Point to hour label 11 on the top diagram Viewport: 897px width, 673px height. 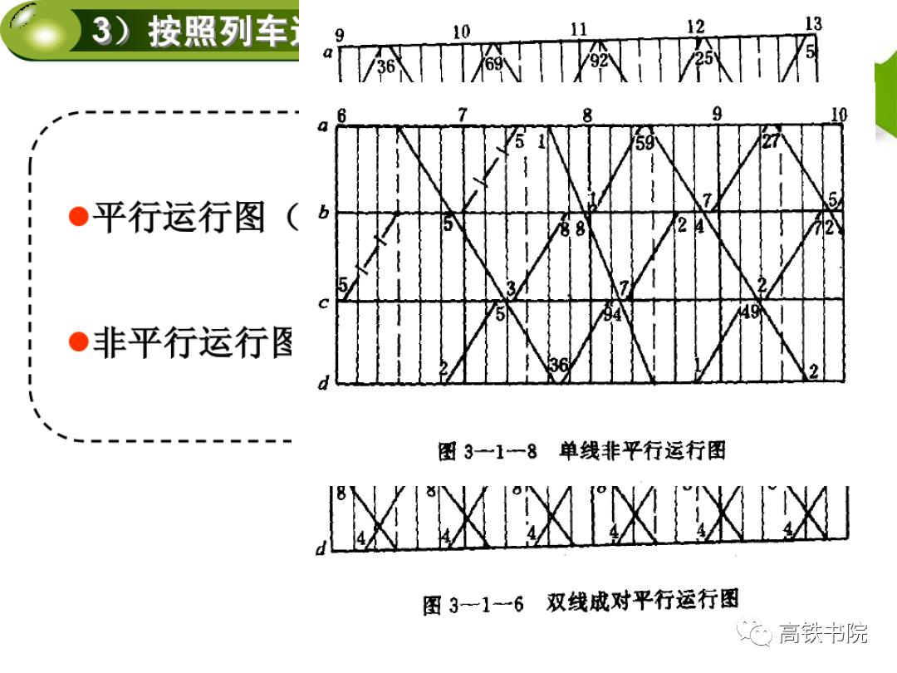[579, 30]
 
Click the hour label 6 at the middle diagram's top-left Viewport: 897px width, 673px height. [341, 115]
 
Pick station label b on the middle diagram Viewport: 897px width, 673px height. [324, 213]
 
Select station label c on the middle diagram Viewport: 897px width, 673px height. [323, 303]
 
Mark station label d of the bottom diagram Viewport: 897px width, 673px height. [321, 548]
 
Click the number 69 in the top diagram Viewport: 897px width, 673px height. [493, 63]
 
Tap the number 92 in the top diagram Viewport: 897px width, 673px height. [599, 61]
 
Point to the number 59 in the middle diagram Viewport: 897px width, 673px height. [645, 142]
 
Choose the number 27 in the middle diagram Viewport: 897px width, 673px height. [771, 141]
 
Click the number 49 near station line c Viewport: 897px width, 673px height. [750, 312]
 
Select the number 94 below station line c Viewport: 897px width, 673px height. [612, 314]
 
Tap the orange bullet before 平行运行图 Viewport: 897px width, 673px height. [78, 218]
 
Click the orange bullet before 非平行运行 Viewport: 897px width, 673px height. [78, 341]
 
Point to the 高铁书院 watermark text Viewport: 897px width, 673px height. [823, 633]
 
